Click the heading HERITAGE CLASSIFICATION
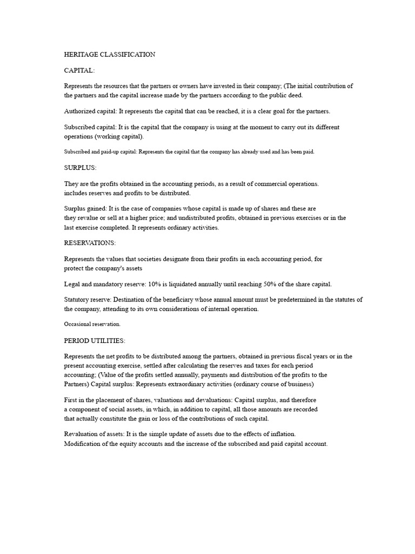tap(110, 55)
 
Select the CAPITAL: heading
tap(79, 70)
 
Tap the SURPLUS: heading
tap(81, 168)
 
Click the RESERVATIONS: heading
tap(90, 243)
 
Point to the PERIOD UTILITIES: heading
tap(95, 340)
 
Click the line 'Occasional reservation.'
tap(92, 324)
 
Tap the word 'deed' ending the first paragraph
tap(296, 95)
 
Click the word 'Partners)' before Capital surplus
tap(78, 385)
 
